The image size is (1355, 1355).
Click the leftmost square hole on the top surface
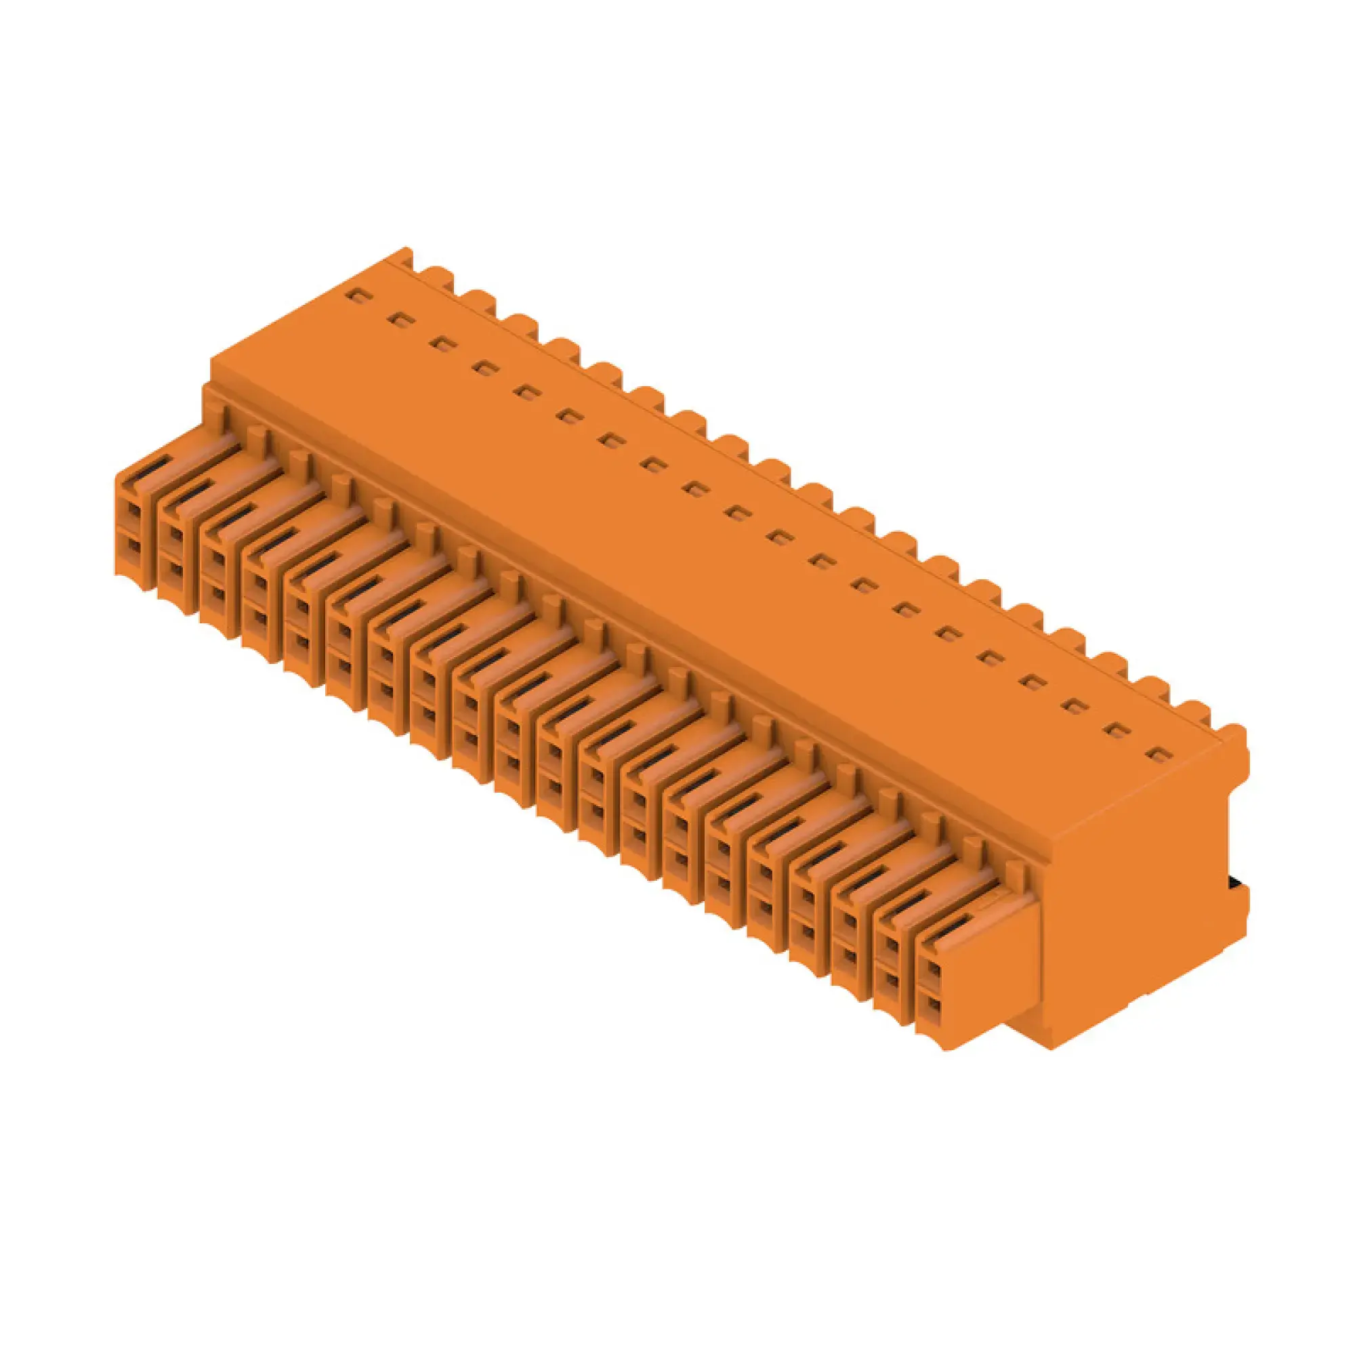tap(358, 296)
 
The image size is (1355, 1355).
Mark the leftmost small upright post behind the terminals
tap(224, 419)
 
